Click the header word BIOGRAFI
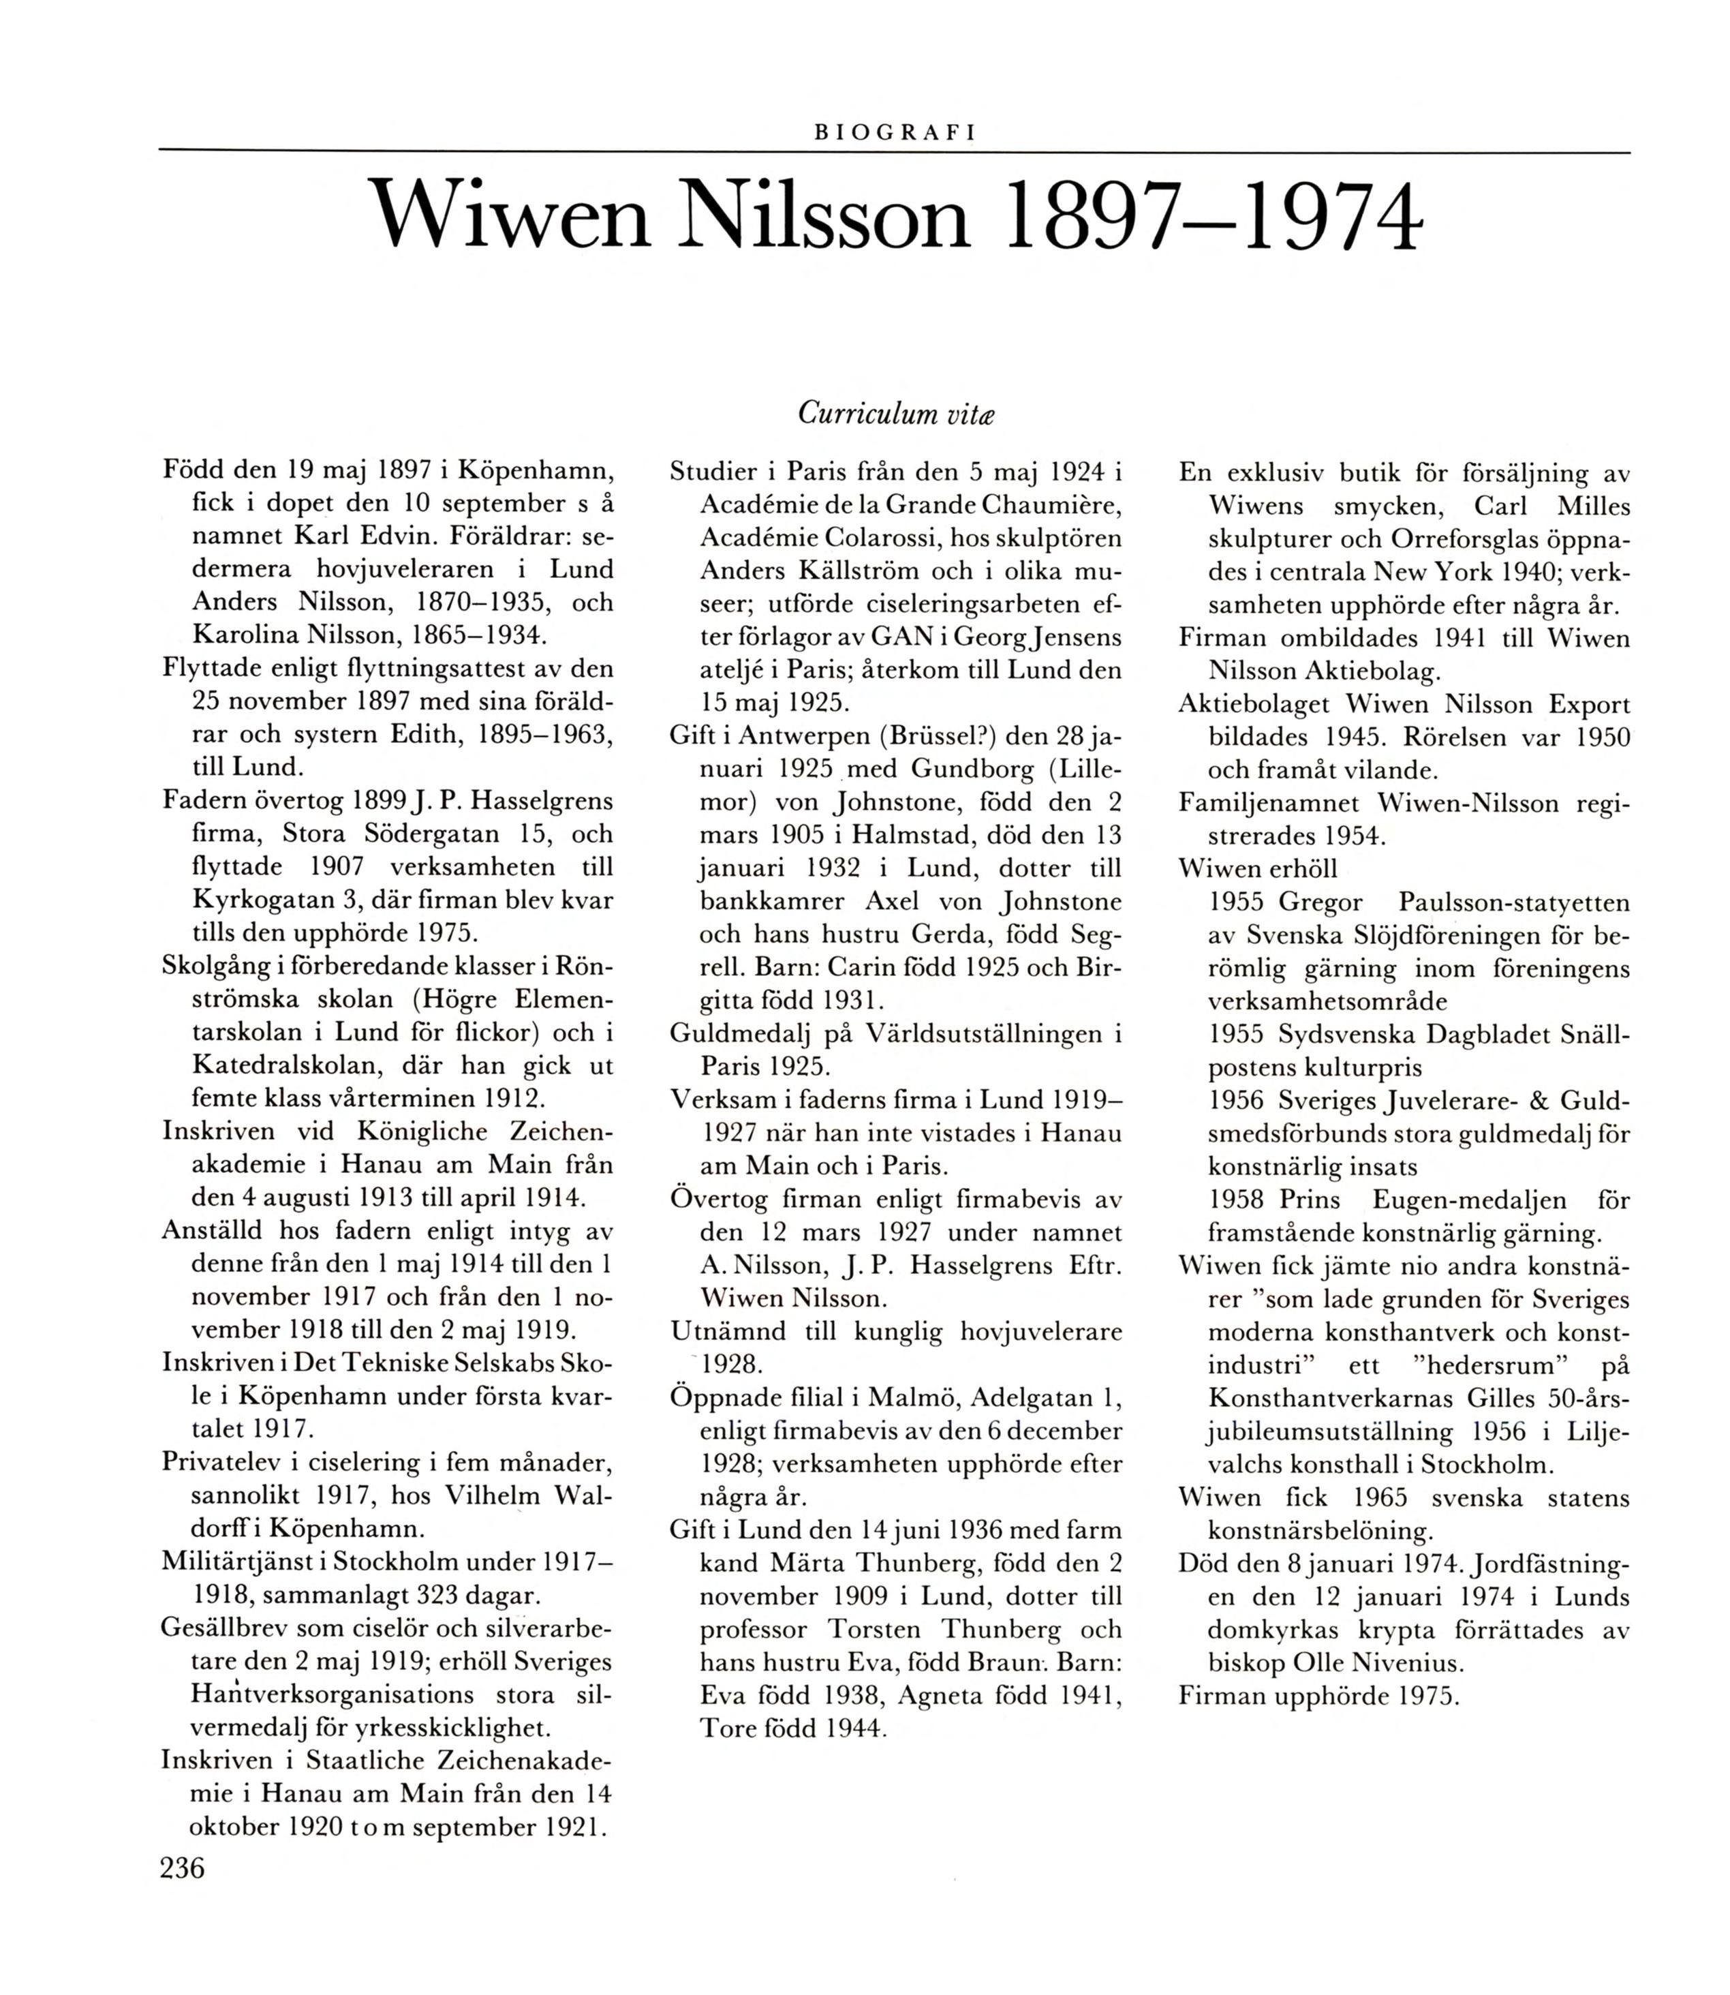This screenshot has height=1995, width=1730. click(x=895, y=134)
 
